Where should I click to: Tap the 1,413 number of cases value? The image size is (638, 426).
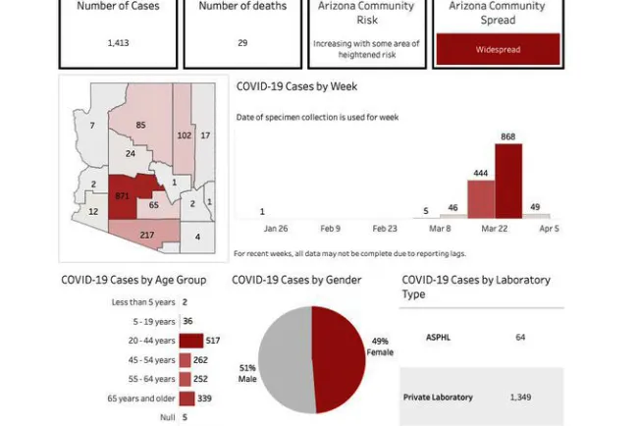pos(118,43)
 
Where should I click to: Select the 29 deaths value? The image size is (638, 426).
pos(242,43)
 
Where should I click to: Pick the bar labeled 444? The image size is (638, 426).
pos(481,199)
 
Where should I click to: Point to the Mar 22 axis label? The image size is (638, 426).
pos(495,229)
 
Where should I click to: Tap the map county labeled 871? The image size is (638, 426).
pos(125,195)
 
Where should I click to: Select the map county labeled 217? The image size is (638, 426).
pos(146,234)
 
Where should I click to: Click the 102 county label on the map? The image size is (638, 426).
pos(185,134)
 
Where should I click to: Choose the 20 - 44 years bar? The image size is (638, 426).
pos(190,341)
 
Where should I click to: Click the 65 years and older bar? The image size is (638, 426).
pos(186,399)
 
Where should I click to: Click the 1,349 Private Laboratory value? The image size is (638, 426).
pos(520,398)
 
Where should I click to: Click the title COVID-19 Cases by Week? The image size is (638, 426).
pos(296,86)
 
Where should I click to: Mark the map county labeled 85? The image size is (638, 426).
pos(140,126)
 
